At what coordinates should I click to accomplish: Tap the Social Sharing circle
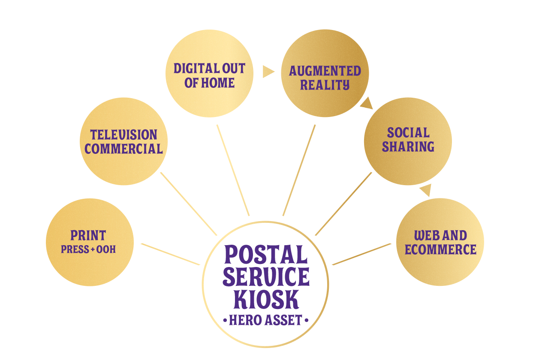point(408,141)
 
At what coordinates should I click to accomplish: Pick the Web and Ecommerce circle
point(440,242)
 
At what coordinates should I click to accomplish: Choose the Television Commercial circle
point(124,141)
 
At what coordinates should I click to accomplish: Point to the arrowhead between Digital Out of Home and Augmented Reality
point(268,72)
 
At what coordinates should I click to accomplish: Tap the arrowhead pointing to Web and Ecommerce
point(425,190)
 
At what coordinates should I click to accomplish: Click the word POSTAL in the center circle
point(266,255)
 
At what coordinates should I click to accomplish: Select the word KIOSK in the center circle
point(266,299)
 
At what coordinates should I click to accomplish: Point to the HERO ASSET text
point(266,320)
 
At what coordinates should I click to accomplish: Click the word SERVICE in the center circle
point(266,277)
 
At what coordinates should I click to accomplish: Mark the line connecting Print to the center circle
point(170,254)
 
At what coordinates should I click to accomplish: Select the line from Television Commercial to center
point(188,204)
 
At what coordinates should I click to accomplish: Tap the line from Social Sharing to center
point(343,204)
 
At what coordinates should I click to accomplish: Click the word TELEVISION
point(124,135)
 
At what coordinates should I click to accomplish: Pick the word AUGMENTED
point(325,71)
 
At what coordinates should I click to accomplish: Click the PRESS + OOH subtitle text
point(88,249)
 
